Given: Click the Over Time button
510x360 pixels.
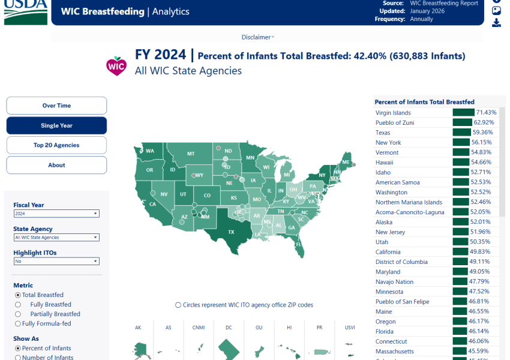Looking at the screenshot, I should click(56, 106).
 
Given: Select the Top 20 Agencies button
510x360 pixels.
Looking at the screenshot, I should click(56, 145).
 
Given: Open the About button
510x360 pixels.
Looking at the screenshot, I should click(56, 165).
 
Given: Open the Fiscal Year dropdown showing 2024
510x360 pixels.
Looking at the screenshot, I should click(56, 214).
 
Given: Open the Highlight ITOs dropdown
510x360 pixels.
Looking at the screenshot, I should click(56, 262).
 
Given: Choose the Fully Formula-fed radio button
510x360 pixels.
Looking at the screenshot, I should click(17, 323).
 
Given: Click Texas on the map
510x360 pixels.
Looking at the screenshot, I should click(231, 232).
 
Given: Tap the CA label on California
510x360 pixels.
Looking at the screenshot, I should click(152, 204).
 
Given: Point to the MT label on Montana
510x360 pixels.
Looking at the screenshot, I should click(191, 154).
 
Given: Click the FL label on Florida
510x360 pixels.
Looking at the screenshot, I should click(298, 244).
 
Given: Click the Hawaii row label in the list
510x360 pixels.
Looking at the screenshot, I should click(385, 163).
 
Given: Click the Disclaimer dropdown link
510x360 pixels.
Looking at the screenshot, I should click(257, 37).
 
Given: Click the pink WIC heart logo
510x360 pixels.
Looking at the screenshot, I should click(115, 64).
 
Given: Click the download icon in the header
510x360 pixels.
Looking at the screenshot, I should click(496, 23).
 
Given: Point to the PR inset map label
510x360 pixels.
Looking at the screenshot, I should click(319, 328).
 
